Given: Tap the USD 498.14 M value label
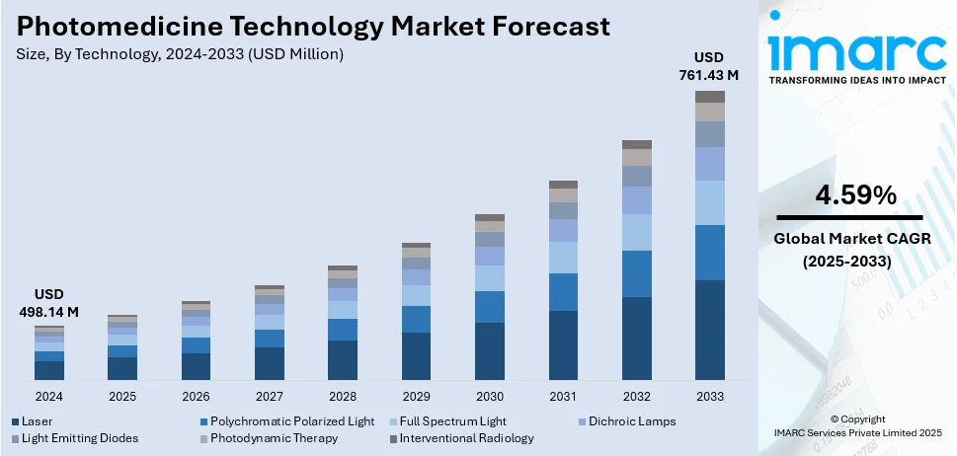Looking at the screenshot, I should pos(48,304).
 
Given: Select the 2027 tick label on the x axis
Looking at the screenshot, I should pos(269,397).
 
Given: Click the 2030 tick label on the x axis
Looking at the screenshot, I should pos(489,397).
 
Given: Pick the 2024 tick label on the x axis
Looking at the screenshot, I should pos(48,397).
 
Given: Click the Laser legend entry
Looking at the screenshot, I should pos(37,421).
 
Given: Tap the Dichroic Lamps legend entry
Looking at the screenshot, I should pos(631,421).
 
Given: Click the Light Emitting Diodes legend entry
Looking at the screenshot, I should pos(79,438).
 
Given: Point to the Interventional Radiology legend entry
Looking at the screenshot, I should pos(466,438).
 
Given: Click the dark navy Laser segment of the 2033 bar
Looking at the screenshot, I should pos(709,331).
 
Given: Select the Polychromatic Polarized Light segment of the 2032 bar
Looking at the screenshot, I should pos(636,273).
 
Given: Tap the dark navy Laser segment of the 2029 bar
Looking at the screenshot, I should pos(416,356).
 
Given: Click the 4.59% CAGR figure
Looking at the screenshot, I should pos(855,195).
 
